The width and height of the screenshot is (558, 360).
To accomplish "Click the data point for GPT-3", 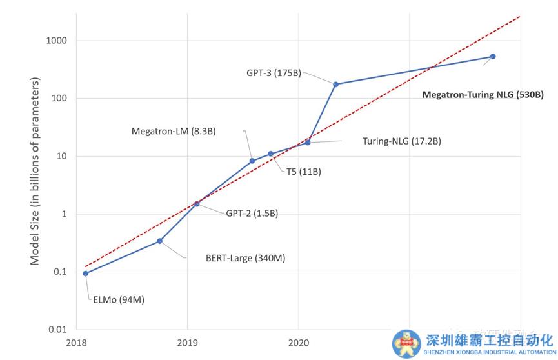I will (335, 84).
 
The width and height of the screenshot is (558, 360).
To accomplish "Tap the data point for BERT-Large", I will (159, 241).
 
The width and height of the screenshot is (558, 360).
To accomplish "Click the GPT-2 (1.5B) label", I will (252, 213).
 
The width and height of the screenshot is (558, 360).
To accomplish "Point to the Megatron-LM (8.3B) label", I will (174, 131).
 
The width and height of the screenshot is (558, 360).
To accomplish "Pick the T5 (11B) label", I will (304, 172).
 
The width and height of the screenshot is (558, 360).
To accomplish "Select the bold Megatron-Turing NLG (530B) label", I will (483, 94).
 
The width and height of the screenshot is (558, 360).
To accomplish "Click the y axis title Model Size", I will (35, 171).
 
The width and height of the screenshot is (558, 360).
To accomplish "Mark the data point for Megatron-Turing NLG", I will (493, 57).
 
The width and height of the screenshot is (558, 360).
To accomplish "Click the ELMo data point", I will (86, 273).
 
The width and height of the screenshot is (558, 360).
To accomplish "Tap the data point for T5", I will (270, 154).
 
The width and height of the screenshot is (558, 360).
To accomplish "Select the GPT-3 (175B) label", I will (274, 73).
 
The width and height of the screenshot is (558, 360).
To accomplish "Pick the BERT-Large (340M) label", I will (245, 258).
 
